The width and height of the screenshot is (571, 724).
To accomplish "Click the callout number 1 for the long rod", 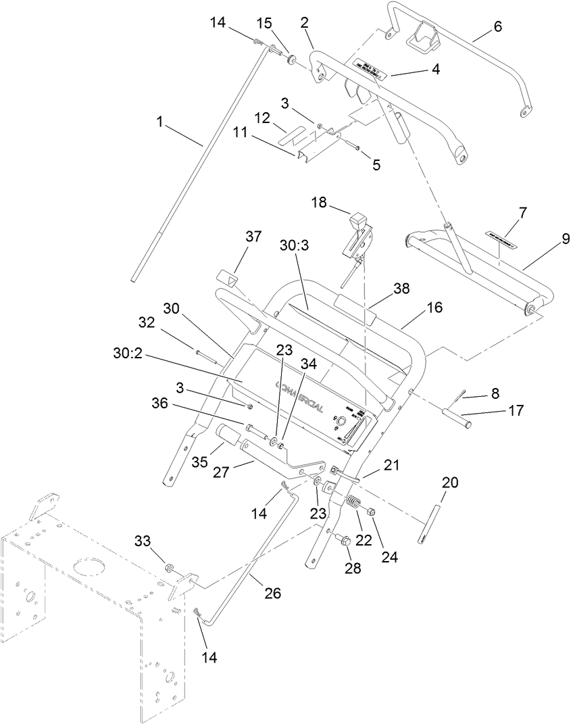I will point(159,122).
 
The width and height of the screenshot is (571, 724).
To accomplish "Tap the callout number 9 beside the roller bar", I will point(565,239).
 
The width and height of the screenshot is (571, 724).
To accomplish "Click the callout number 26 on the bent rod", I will point(272,593).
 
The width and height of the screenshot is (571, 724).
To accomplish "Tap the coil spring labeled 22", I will point(351,504).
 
